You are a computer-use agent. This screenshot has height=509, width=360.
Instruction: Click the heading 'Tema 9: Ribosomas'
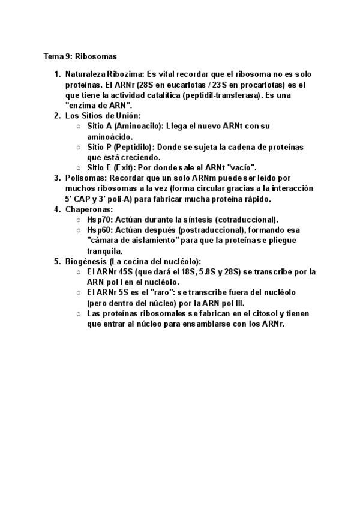(x=76, y=57)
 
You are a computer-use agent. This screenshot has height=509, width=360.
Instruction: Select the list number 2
(x=56, y=115)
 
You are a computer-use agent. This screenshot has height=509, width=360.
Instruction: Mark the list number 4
(x=56, y=209)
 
